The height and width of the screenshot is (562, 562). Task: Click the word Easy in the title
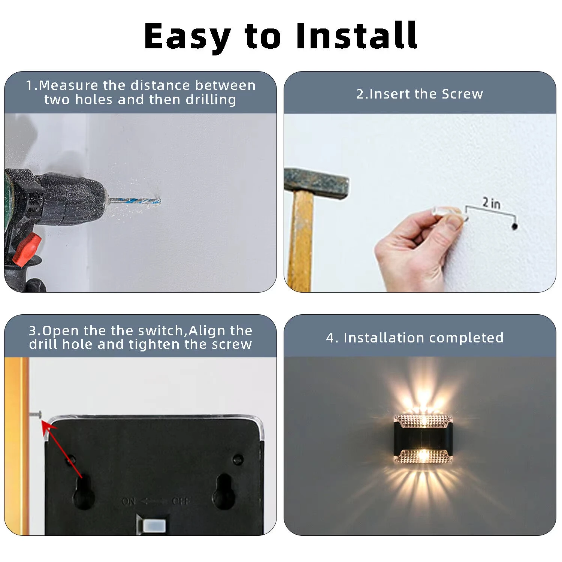[187, 36]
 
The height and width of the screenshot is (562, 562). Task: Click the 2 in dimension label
[491, 203]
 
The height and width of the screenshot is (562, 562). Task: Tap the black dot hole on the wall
[514, 226]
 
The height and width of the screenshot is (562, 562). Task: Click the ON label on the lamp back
[129, 501]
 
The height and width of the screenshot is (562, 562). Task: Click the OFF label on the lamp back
[181, 501]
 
